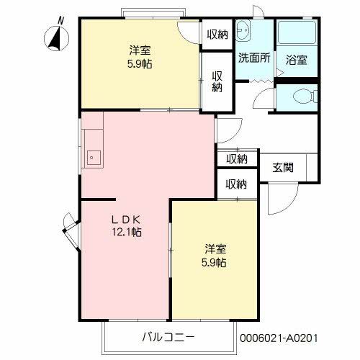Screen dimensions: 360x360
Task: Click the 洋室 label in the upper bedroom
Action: coord(140,50)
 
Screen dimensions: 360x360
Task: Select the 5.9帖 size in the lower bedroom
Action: coord(215,263)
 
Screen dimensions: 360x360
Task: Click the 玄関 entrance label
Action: coord(282,168)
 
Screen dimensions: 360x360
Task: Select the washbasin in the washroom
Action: coord(243,32)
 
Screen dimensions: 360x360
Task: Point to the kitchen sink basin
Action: coord(93,156)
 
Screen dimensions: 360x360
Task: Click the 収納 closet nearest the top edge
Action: coord(217,34)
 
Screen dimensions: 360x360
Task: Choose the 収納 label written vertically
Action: coord(217,81)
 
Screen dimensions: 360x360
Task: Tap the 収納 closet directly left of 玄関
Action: coord(237,159)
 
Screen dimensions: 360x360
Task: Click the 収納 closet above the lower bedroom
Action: coord(237,184)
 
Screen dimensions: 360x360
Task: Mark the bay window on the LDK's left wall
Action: coord(70,231)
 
